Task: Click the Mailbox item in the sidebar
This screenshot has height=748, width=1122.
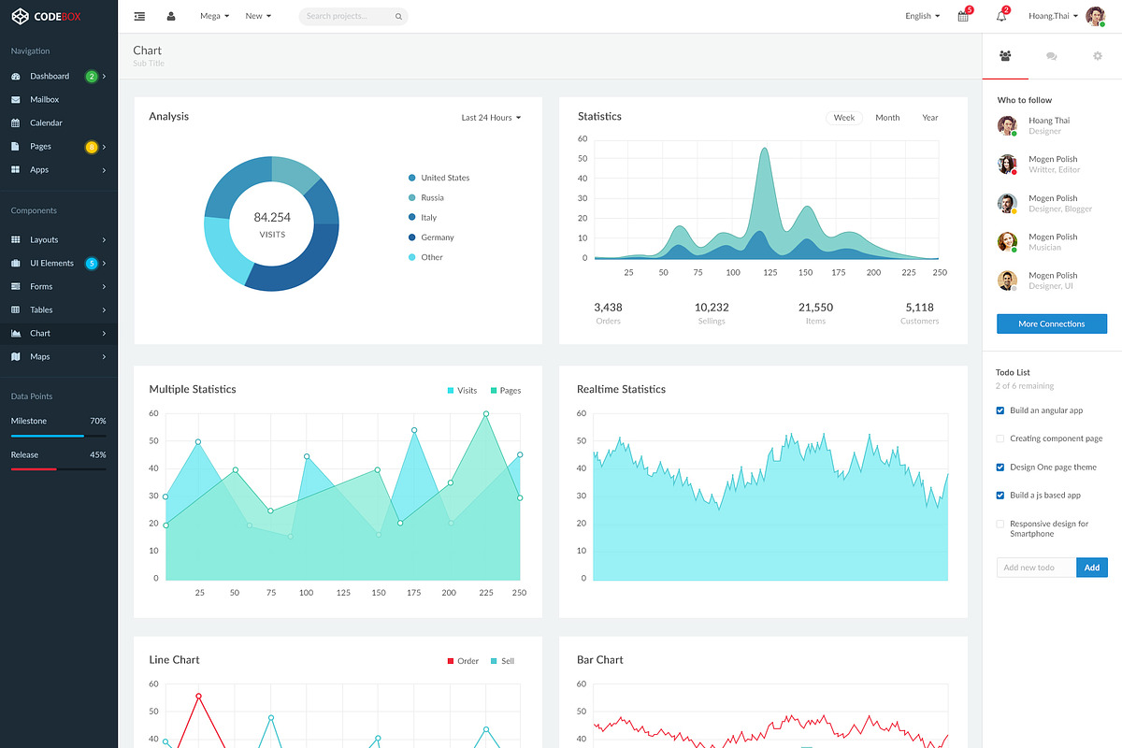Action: [x=44, y=99]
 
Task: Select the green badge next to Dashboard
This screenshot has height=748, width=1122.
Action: [x=91, y=76]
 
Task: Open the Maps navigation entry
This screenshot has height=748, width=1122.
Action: [x=39, y=356]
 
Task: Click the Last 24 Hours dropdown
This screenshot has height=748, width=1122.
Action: [x=491, y=118]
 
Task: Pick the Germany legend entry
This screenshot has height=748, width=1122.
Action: [x=437, y=237]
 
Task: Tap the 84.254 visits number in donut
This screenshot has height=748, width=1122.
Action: [x=272, y=218]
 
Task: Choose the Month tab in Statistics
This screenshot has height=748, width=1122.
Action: [x=887, y=118]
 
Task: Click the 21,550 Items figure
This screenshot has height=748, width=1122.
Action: [x=815, y=308]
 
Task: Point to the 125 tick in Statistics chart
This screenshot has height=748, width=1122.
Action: [x=770, y=273]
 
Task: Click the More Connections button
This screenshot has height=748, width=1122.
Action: [x=1051, y=324]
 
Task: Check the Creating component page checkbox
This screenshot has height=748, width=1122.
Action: [x=1000, y=439]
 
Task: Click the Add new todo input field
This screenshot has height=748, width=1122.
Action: [x=1036, y=568]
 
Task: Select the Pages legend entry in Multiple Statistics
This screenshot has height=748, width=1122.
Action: [x=505, y=390]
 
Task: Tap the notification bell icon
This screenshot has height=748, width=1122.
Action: [x=1001, y=16]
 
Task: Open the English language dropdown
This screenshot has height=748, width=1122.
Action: [x=922, y=16]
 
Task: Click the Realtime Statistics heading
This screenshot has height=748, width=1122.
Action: [x=621, y=389]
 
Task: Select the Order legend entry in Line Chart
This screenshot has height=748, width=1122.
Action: [x=463, y=661]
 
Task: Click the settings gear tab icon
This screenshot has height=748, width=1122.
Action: [x=1098, y=56]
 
